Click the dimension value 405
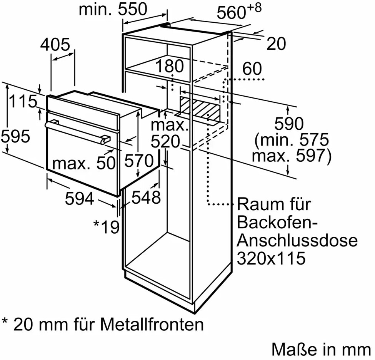[x=55, y=45]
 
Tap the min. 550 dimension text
[x=113, y=9]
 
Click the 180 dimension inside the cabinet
[x=170, y=66]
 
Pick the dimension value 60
[x=252, y=69]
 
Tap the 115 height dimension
[x=23, y=102]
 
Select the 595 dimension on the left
[x=15, y=136]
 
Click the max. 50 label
[x=84, y=164]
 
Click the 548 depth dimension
[x=146, y=198]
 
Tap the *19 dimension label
[x=107, y=227]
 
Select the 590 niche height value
[x=289, y=124]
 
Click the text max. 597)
[x=291, y=156]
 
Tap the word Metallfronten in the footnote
[x=152, y=325]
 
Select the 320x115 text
[x=271, y=258]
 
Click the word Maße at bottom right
[x=289, y=349]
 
